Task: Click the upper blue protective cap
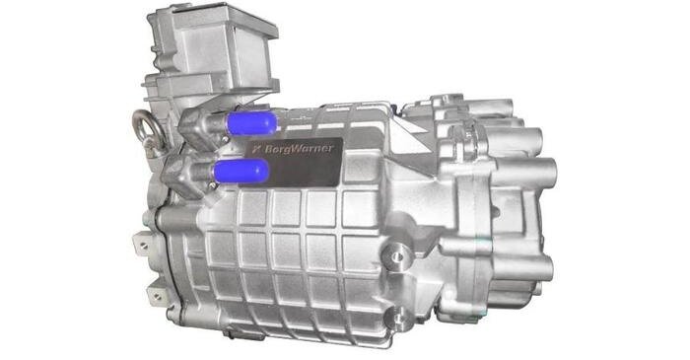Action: click(x=251, y=122)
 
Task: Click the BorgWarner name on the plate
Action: click(x=300, y=149)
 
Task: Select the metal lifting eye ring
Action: click(x=147, y=127)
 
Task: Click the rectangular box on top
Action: click(x=214, y=44)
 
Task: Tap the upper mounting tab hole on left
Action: click(x=144, y=247)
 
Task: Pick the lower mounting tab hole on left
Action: click(x=157, y=296)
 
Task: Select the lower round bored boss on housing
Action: click(x=398, y=317)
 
